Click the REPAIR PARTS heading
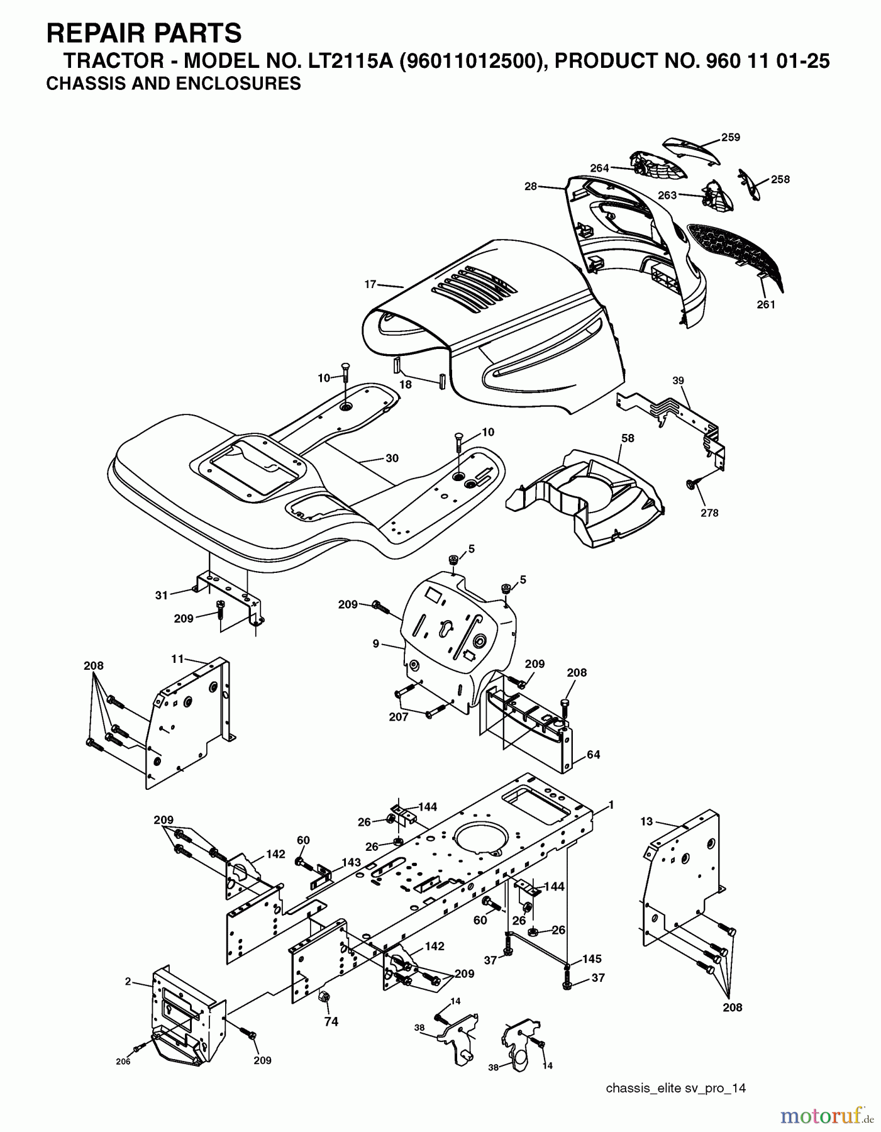click(144, 33)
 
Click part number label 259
click(730, 137)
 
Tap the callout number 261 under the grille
click(766, 304)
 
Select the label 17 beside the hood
click(370, 284)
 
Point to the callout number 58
click(628, 438)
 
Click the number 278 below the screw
click(709, 513)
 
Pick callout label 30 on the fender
click(392, 458)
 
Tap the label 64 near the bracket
click(593, 754)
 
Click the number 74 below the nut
click(331, 1022)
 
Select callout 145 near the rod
click(592, 959)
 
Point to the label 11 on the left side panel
click(178, 658)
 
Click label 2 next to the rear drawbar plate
click(128, 981)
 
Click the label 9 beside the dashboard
click(375, 643)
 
